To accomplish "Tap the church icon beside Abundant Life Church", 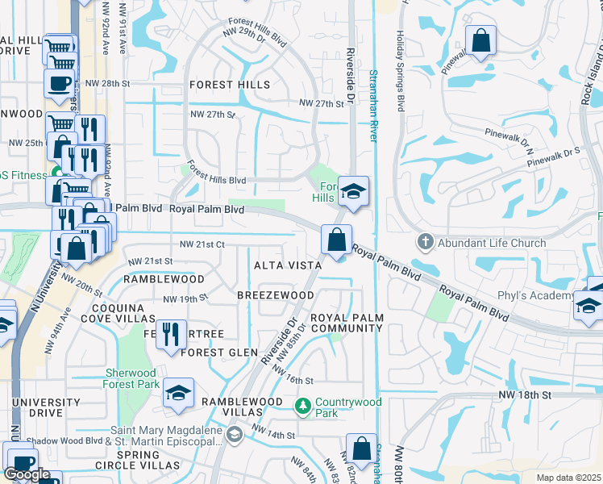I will (426, 242).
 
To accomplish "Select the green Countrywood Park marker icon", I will (303, 405).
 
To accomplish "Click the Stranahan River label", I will (373, 105).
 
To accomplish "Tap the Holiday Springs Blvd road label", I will (399, 73).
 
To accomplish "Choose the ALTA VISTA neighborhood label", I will (288, 265).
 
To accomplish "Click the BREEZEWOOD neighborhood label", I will (275, 295).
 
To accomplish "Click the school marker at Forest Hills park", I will (353, 191).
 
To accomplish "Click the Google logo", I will (27, 474).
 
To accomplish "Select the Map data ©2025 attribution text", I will (568, 478).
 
